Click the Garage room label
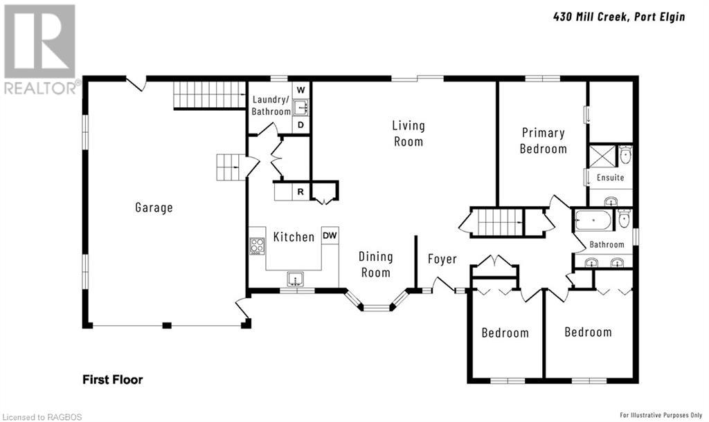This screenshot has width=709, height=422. click(154, 208)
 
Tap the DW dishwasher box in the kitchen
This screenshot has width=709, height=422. click(330, 235)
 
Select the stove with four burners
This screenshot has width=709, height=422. click(258, 246)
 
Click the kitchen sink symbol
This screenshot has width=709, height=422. click(296, 279)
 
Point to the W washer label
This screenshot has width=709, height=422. click(300, 91)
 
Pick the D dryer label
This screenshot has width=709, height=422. click(300, 125)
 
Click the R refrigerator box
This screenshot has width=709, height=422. click(300, 192)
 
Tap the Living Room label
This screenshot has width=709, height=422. click(409, 134)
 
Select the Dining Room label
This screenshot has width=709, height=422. click(376, 265)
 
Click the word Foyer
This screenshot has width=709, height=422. click(442, 259)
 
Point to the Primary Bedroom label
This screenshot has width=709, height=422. click(543, 140)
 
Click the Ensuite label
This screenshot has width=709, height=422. click(611, 178)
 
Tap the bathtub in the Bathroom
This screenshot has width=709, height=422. click(593, 221)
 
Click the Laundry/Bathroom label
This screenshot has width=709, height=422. click(271, 105)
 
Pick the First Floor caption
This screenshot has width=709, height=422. click(113, 380)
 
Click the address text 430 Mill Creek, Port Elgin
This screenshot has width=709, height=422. click(619, 17)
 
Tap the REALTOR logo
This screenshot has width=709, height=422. click(41, 49)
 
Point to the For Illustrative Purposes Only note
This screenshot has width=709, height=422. click(661, 415)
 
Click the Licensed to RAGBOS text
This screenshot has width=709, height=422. click(42, 417)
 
